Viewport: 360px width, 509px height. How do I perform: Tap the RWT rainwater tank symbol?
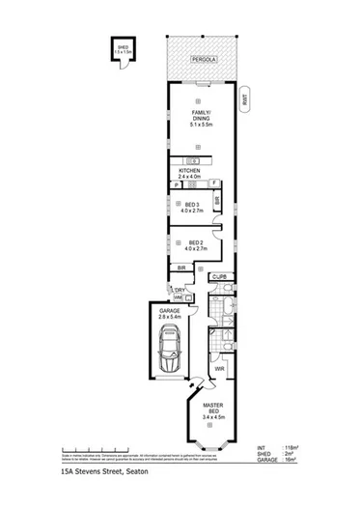[244, 98]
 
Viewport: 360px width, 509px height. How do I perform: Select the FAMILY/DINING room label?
[197, 121]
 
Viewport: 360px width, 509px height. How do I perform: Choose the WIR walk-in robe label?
[220, 368]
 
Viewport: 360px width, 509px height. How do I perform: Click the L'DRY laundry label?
[180, 288]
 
